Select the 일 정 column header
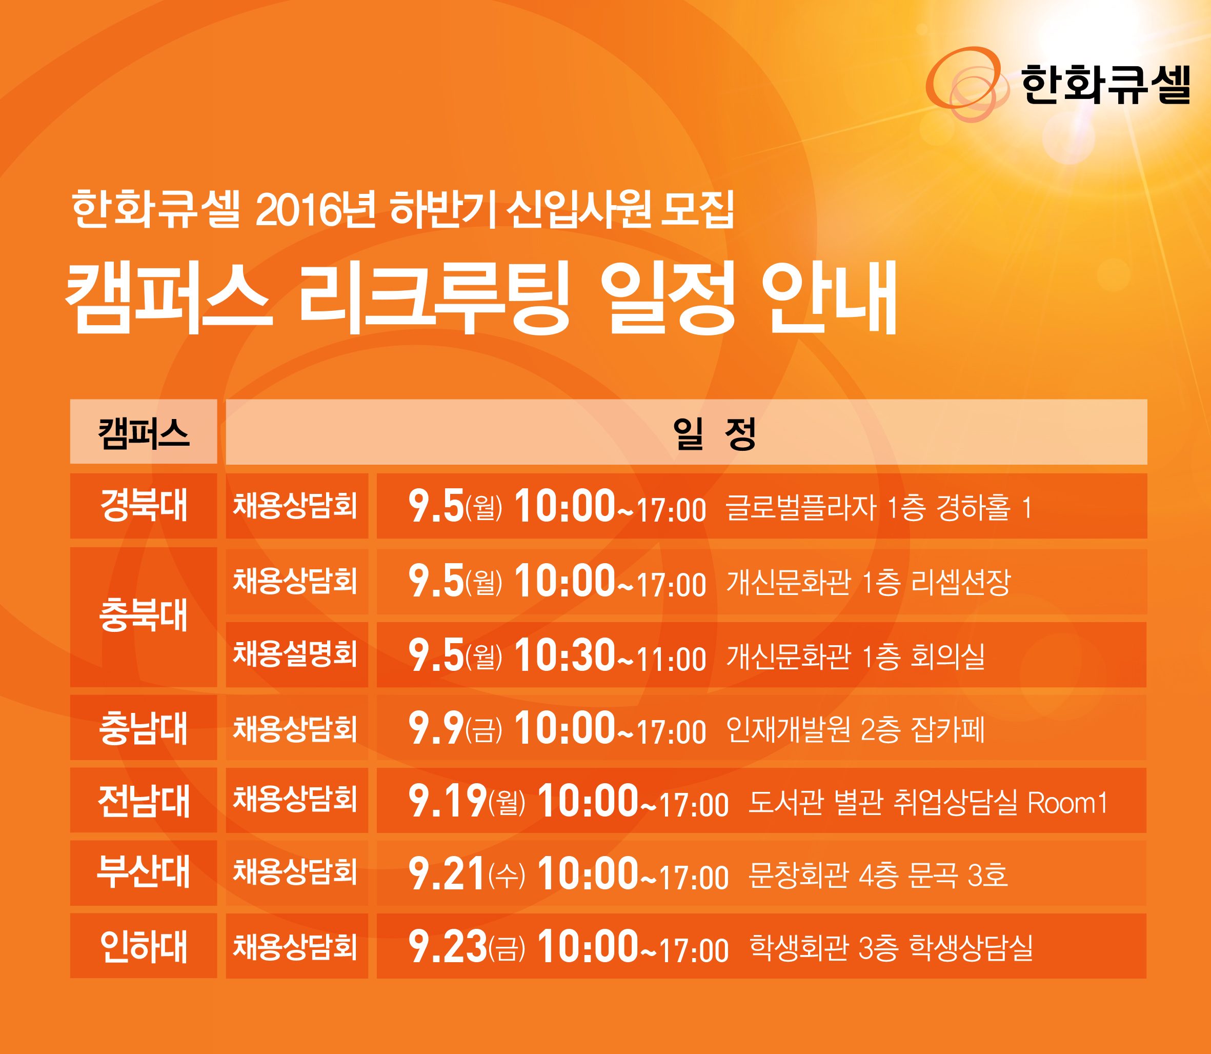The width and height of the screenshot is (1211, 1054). pyautogui.click(x=714, y=433)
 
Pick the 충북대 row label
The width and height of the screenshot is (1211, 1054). pyautogui.click(x=144, y=616)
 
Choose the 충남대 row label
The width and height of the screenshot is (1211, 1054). pyautogui.click(x=144, y=728)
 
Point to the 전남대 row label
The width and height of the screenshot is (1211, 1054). pyautogui.click(x=144, y=801)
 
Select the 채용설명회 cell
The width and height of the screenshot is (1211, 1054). pyautogui.click(x=295, y=653)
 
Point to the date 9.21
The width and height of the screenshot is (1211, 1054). pyautogui.click(x=447, y=873)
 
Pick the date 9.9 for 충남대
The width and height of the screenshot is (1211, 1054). pyautogui.click(x=436, y=728)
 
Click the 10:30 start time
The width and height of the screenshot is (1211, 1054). pyautogui.click(x=564, y=654)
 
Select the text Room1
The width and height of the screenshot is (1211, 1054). pyautogui.click(x=1067, y=802)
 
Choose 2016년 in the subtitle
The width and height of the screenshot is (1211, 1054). pyautogui.click(x=316, y=209)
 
